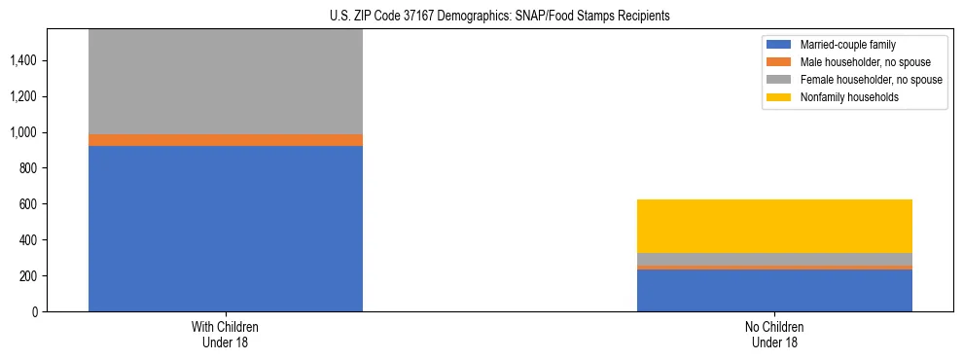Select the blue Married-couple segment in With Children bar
click(226, 229)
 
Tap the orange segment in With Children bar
click(226, 140)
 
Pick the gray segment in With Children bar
click(226, 82)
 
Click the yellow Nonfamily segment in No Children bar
click(774, 226)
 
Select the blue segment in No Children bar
click(774, 290)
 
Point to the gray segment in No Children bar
click(774, 259)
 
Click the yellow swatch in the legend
click(779, 97)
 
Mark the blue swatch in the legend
click(779, 45)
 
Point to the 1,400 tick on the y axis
click(23, 60)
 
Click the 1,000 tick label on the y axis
click(23, 132)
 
